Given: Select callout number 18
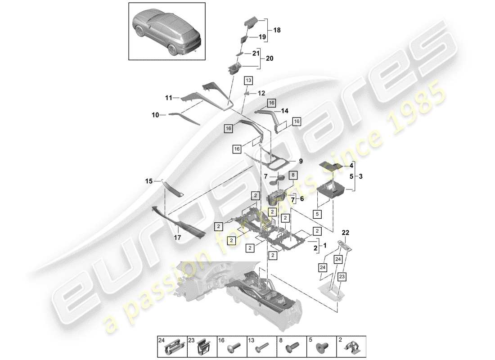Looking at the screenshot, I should point(276,30).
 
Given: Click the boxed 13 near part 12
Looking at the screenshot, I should point(248,81).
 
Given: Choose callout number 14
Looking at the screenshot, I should point(284,110).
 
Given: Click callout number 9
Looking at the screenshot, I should point(300,161).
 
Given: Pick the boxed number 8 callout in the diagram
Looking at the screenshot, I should point(292,175).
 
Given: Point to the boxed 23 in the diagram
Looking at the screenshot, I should point(342,277).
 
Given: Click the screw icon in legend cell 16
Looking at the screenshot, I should point(236,348).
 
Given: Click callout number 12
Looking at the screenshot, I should point(261,93).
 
